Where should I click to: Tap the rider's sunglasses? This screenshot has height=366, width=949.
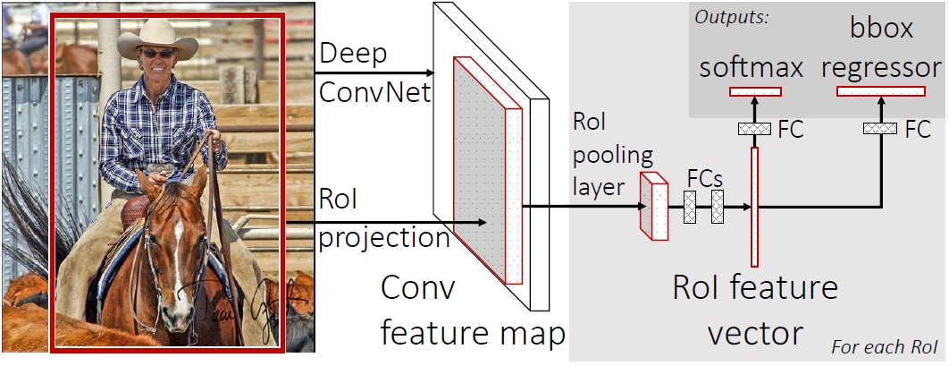pyautogui.click(x=158, y=54)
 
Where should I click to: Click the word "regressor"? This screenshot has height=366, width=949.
pyautogui.click(x=881, y=69)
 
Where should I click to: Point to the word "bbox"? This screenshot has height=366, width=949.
pyautogui.click(x=882, y=29)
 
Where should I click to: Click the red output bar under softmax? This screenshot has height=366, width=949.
pyautogui.click(x=755, y=91)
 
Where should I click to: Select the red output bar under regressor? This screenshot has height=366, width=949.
pyautogui.click(x=881, y=91)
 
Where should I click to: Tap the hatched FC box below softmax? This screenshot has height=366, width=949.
pyautogui.click(x=754, y=128)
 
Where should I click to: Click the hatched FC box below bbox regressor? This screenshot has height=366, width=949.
pyautogui.click(x=879, y=128)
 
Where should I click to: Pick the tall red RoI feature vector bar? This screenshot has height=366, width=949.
pyautogui.click(x=754, y=207)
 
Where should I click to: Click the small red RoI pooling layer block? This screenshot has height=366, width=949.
pyautogui.click(x=654, y=206)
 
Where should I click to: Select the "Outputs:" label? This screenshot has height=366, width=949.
pyautogui.click(x=732, y=18)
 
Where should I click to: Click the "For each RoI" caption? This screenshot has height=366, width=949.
pyautogui.click(x=885, y=348)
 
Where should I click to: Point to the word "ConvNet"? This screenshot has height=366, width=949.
pyautogui.click(x=375, y=93)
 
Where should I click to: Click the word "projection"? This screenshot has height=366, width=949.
pyautogui.click(x=384, y=237)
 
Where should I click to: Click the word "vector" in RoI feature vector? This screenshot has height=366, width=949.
pyautogui.click(x=754, y=333)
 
